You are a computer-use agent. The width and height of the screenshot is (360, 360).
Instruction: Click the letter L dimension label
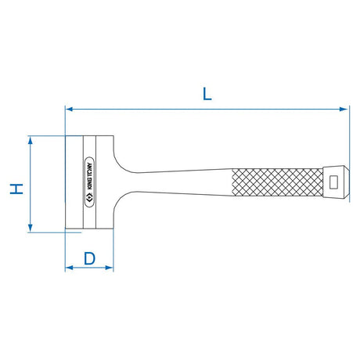(x=207, y=94)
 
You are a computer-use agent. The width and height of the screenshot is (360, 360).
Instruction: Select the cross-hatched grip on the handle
(x=278, y=183)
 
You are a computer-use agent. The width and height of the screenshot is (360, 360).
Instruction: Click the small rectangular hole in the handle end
(x=334, y=183)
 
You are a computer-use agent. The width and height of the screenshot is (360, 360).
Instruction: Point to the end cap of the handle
(x=334, y=183)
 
